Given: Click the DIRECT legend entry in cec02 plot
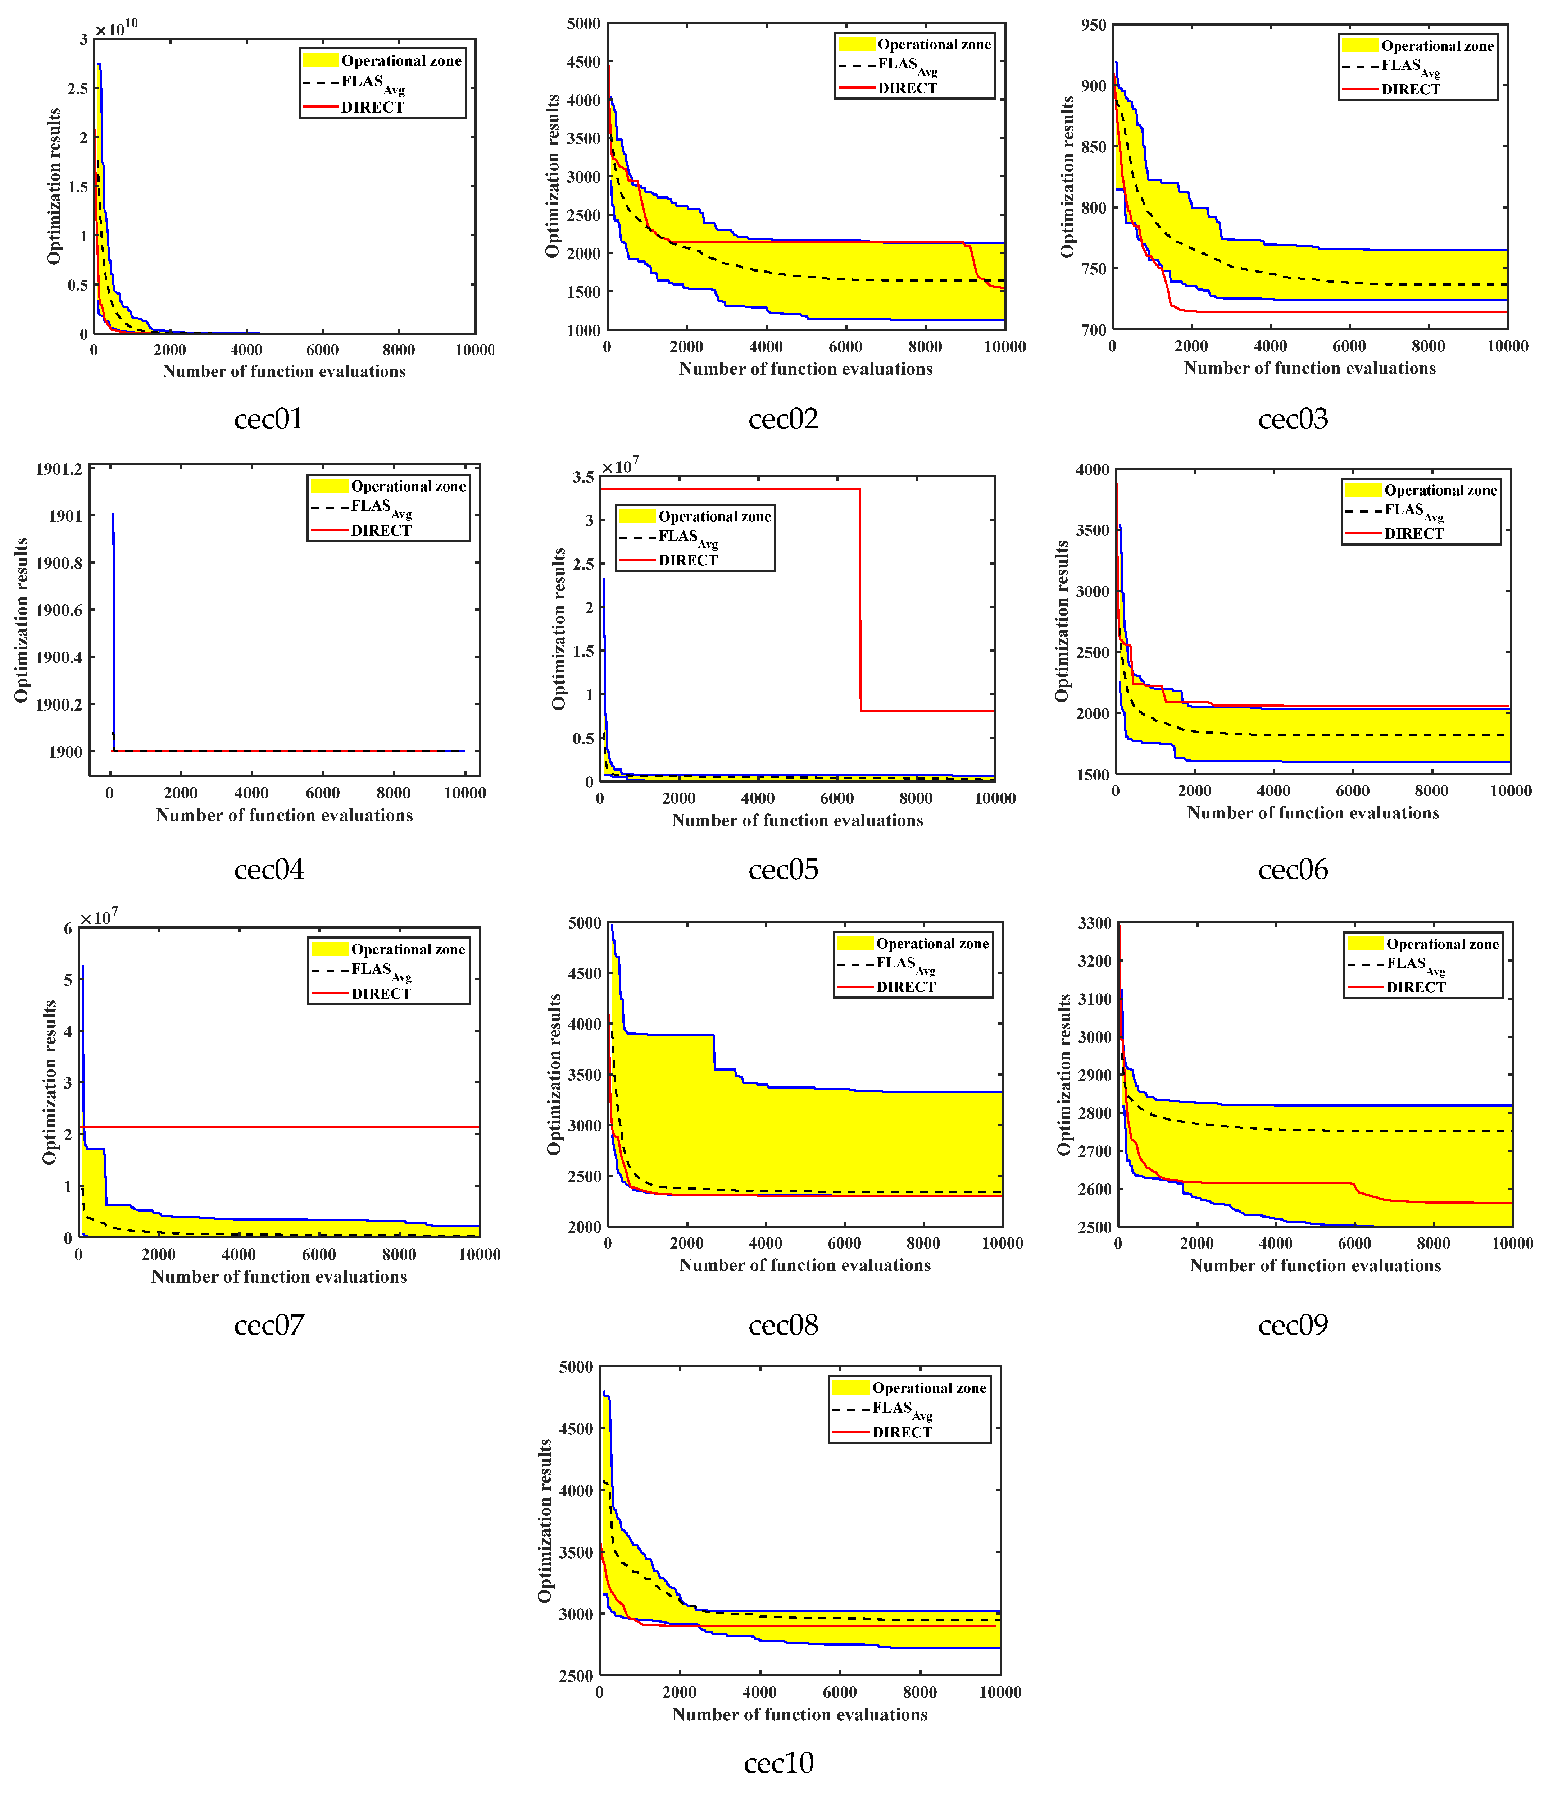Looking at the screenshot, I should tap(907, 88).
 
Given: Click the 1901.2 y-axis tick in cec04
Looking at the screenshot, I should tap(59, 469).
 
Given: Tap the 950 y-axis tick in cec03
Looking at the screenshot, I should tap(1093, 25).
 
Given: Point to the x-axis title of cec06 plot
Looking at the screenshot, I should tap(1313, 813).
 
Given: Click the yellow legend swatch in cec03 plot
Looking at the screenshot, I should tap(1360, 46).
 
